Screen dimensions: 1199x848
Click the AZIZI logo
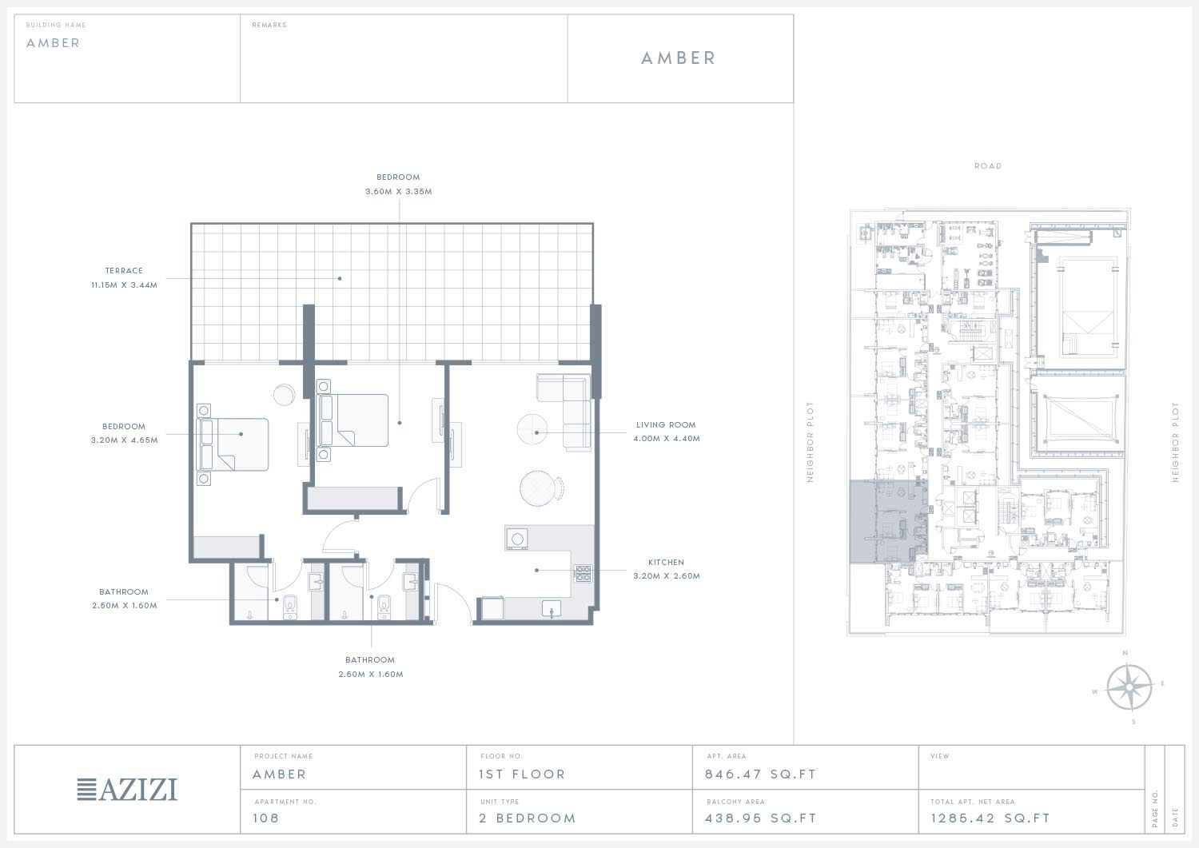pos(127,790)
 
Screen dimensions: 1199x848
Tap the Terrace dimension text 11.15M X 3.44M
pos(124,285)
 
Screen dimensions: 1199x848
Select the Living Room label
pos(666,425)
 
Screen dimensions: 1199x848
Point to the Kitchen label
pos(666,563)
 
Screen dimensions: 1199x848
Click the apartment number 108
pos(266,818)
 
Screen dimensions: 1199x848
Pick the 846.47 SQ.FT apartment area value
pos(761,774)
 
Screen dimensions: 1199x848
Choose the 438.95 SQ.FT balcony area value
pos(761,818)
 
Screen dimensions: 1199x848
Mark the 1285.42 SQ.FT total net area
pos(990,818)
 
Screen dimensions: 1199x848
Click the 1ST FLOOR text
pos(522,774)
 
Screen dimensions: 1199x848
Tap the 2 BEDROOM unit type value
pos(528,818)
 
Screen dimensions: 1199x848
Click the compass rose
pos(1129,687)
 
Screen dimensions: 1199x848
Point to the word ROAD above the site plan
pos(988,166)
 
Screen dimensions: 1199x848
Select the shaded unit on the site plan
pos(889,522)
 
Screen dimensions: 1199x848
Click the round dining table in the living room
pos(538,488)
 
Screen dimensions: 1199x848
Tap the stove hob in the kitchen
pos(583,573)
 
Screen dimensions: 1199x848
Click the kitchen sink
pos(552,608)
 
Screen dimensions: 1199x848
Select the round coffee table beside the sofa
pos(532,429)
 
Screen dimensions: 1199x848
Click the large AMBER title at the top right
pos(679,58)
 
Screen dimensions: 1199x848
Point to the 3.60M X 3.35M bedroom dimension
pos(399,192)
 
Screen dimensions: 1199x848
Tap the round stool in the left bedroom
pos(284,395)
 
